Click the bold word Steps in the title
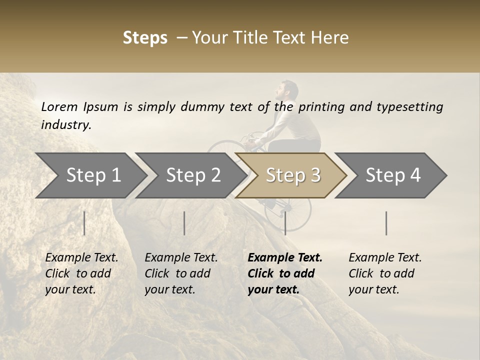click(x=145, y=38)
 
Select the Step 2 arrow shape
click(x=193, y=175)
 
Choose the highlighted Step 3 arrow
click(x=292, y=175)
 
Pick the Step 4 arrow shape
click(x=392, y=175)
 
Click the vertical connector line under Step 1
click(x=84, y=223)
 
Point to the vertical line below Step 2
click(x=184, y=223)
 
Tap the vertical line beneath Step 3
click(x=285, y=223)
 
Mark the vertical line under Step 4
click(x=386, y=223)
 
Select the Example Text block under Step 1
click(x=81, y=273)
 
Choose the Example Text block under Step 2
click(x=181, y=273)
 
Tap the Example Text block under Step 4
click(x=385, y=273)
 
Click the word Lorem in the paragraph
click(x=59, y=107)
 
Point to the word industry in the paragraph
click(x=65, y=125)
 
